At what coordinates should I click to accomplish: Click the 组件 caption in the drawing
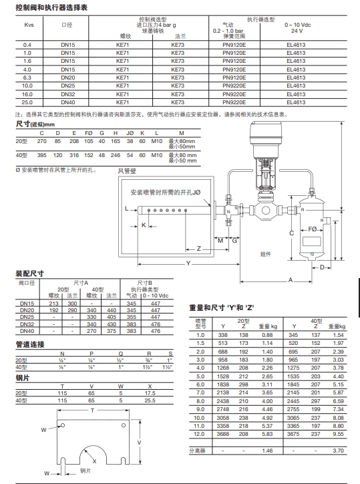(266, 254)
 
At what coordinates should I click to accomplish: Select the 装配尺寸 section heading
(29, 274)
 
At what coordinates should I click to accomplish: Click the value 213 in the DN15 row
(55, 304)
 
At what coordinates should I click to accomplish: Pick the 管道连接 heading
(29, 344)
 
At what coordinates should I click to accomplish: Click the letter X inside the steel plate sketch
(95, 461)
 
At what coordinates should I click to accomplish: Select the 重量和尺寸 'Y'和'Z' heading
(222, 308)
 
